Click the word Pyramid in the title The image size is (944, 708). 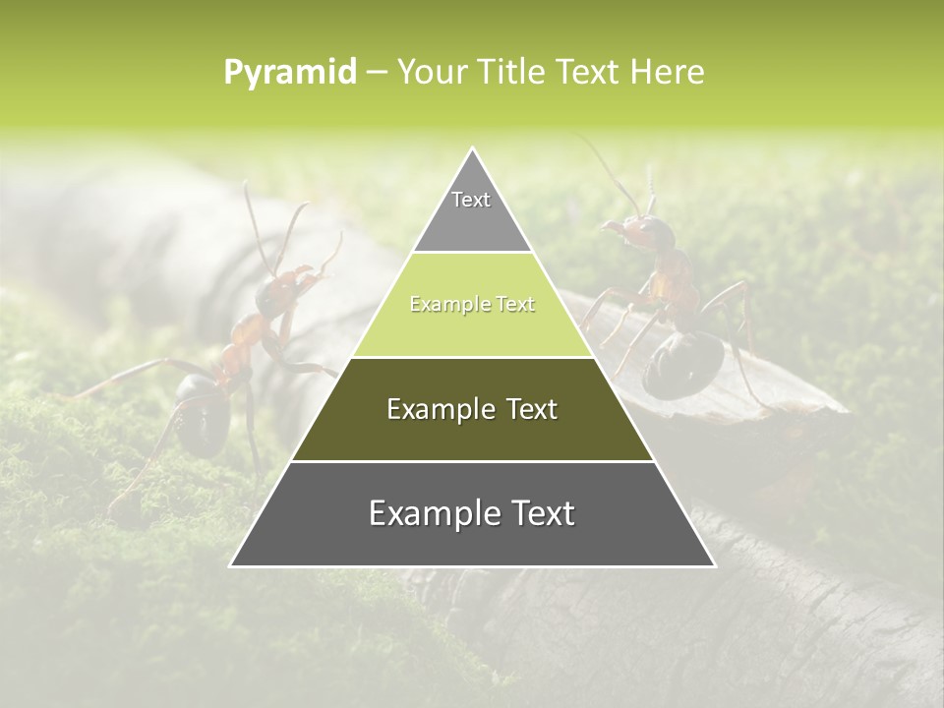(x=290, y=73)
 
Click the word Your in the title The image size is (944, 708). (x=432, y=73)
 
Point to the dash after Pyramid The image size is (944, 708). (x=377, y=73)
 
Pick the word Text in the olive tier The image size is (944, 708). (x=532, y=409)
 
